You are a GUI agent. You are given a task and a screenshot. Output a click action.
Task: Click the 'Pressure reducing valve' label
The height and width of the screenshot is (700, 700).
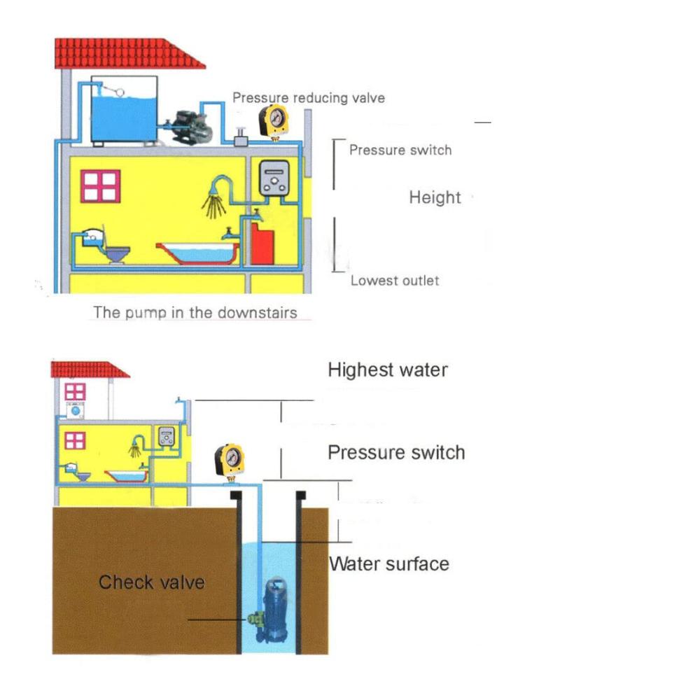309,98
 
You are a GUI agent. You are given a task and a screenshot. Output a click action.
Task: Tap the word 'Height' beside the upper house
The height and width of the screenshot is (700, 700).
435,197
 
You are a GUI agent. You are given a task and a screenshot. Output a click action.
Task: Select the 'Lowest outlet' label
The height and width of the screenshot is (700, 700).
395,281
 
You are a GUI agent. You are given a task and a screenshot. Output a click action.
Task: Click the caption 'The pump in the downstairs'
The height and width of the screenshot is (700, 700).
195,312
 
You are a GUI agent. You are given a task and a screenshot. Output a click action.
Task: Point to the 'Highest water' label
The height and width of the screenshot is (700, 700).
388,370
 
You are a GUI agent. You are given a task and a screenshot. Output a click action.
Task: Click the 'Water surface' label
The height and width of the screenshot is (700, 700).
388,563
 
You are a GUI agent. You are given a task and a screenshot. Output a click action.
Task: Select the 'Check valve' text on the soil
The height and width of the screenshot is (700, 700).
152,582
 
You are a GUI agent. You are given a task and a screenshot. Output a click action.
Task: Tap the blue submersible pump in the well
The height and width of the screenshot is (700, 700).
273,610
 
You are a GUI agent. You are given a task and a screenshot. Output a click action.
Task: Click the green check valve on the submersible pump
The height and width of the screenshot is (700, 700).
254,618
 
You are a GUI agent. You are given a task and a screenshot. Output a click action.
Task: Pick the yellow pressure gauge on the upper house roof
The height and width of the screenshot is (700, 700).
274,120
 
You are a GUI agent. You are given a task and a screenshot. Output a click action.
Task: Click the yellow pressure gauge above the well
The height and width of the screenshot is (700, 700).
230,460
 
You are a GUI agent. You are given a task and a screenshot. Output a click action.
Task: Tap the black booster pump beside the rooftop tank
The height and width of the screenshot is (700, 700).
190,127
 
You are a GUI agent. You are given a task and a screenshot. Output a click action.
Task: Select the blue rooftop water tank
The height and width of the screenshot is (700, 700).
124,111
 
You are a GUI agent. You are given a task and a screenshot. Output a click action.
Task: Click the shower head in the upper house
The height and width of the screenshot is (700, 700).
214,199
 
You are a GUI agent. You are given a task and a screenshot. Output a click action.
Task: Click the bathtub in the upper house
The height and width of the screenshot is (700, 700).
197,253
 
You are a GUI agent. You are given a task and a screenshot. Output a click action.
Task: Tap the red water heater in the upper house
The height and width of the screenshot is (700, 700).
262,244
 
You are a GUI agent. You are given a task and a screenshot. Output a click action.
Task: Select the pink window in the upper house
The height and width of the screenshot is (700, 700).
100,186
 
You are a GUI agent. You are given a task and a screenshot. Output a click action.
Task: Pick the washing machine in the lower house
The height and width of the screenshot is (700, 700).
76,410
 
